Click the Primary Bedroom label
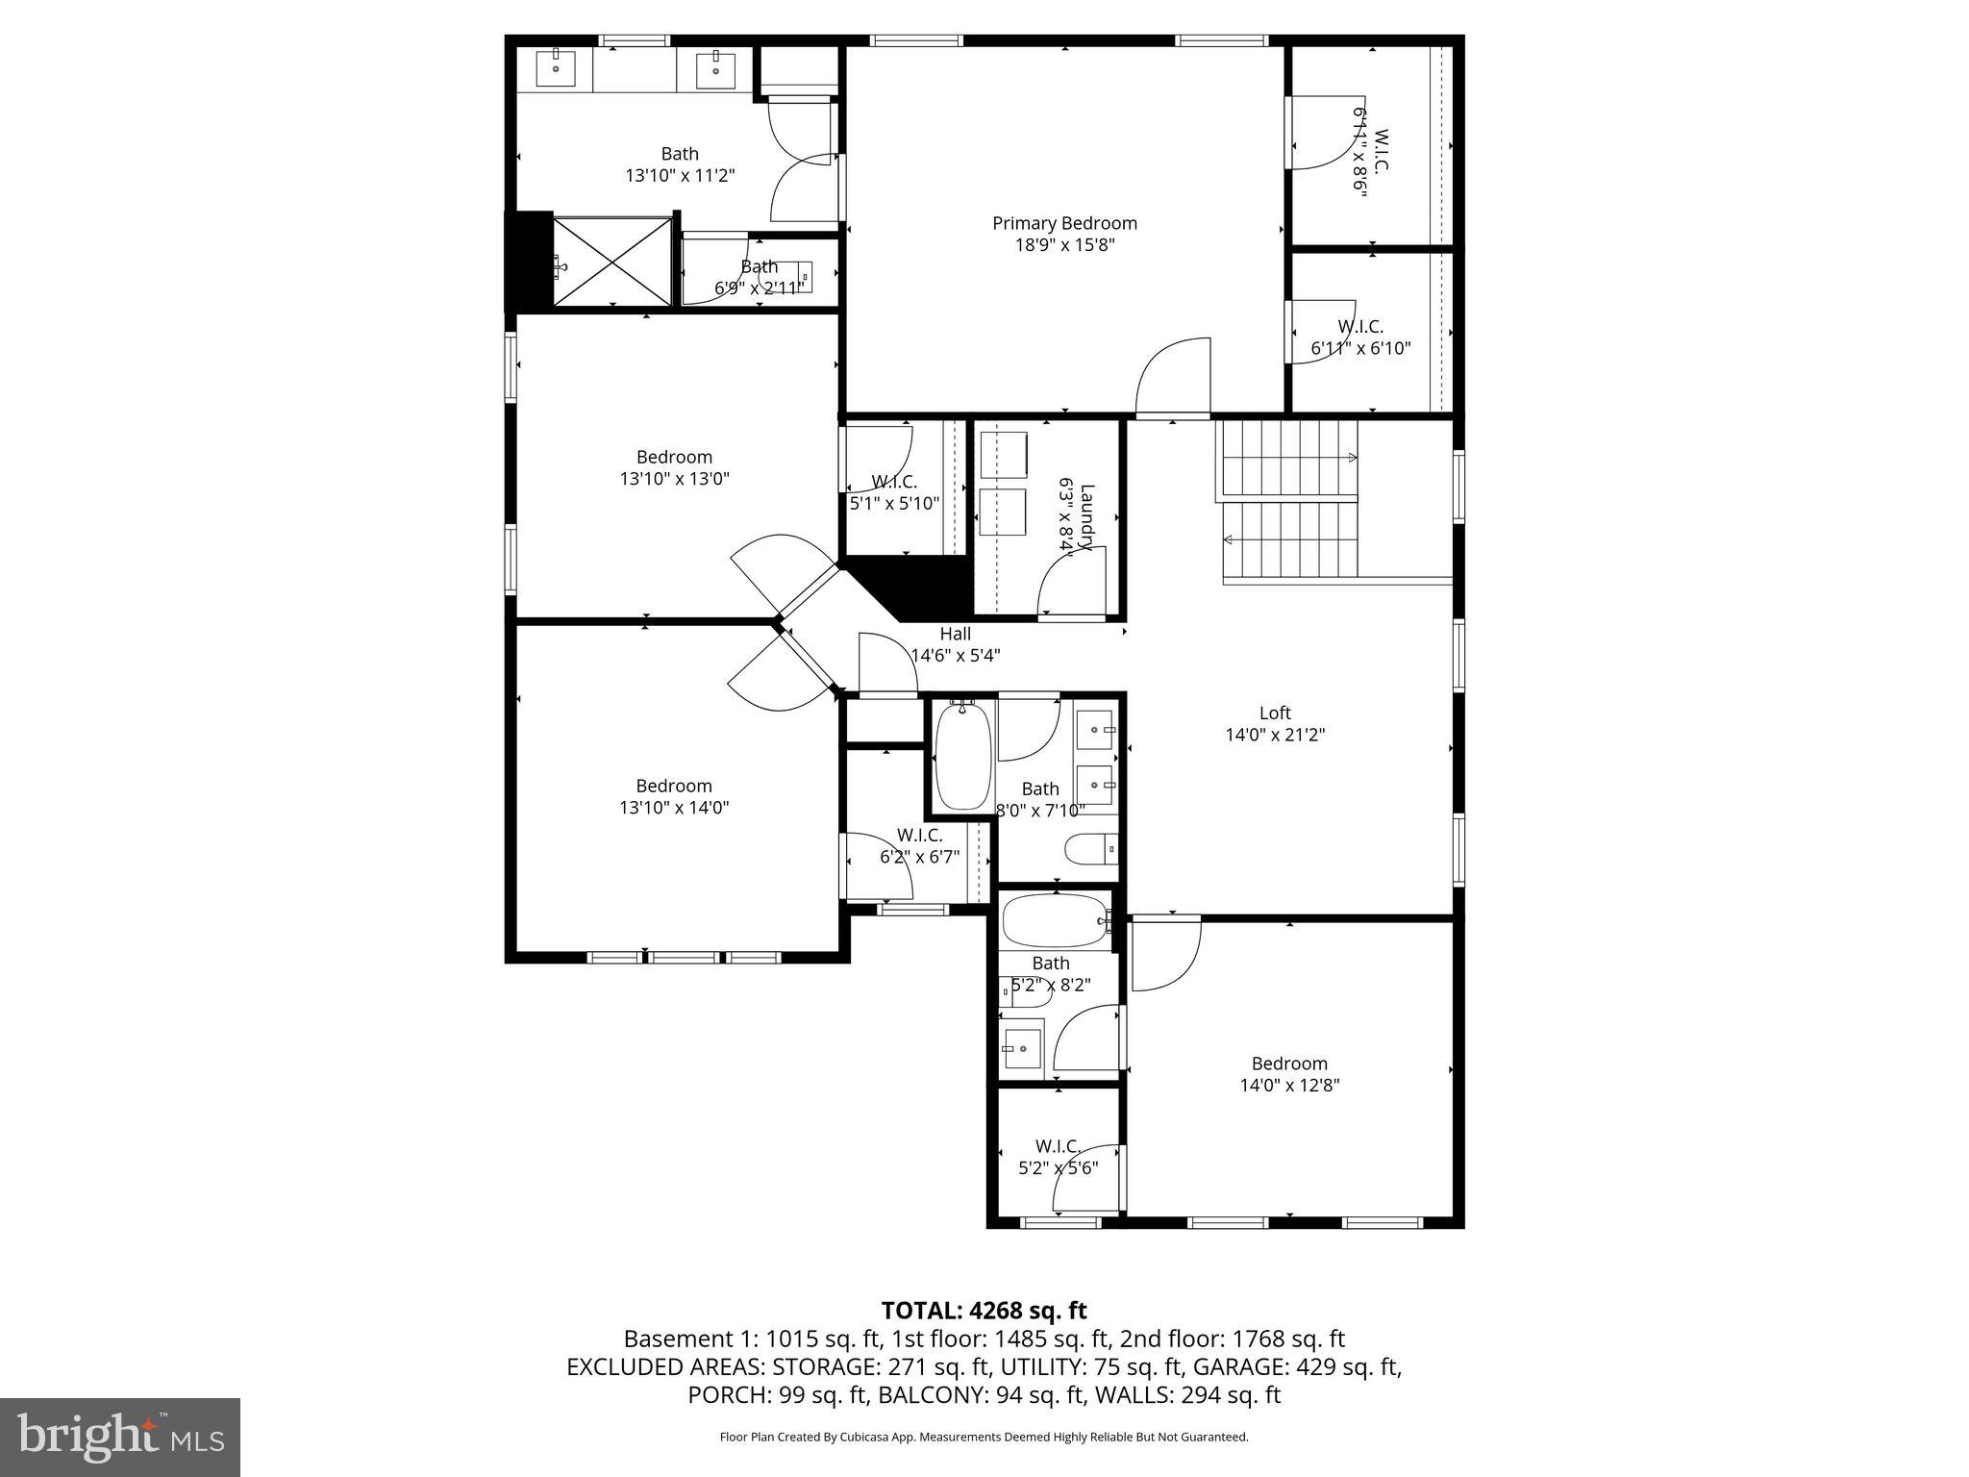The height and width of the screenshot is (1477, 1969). pos(1064,223)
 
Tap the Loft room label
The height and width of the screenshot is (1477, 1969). pos(1275,713)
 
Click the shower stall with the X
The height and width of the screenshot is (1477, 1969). pos(612,261)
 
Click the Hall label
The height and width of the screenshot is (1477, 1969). pos(955,634)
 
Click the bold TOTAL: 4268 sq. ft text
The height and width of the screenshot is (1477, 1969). pos(984,1310)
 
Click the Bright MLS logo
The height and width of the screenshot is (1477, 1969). pos(120,1438)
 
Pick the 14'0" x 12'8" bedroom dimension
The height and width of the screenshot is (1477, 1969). pos(1289,1085)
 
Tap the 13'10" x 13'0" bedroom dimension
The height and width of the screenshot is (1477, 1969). pos(674,478)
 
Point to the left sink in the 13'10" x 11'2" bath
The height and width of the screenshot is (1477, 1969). pos(556,68)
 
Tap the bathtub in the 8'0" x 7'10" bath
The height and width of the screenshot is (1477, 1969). pos(962,757)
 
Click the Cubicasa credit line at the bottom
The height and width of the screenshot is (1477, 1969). pos(984,1437)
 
